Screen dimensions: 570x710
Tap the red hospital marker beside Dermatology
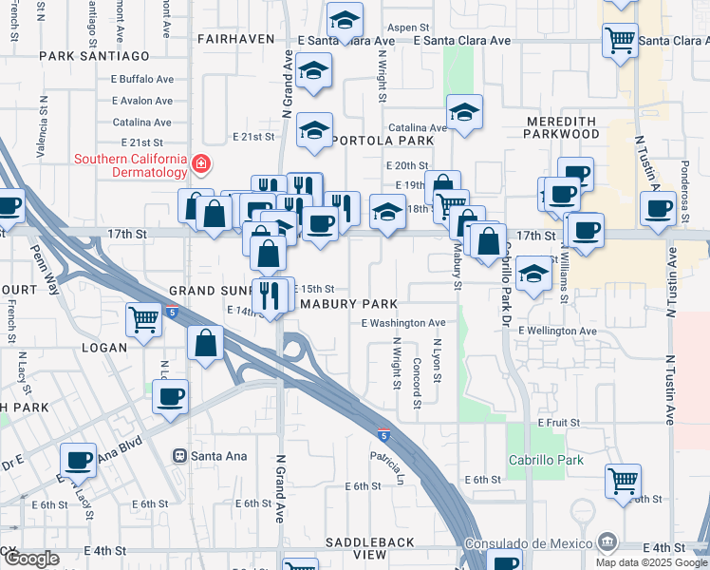pos(200,165)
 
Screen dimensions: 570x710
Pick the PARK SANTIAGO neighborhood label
pos(94,57)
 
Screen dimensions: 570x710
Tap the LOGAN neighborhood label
pos(104,348)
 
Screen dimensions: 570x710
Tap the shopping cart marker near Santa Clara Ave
pos(620,40)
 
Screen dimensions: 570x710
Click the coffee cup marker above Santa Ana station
pos(170,396)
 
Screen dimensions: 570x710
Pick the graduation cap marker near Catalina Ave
pos(464,112)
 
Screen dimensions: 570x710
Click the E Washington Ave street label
pos(403,323)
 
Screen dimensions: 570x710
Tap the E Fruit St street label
pos(558,422)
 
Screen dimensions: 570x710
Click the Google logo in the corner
pos(32,560)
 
